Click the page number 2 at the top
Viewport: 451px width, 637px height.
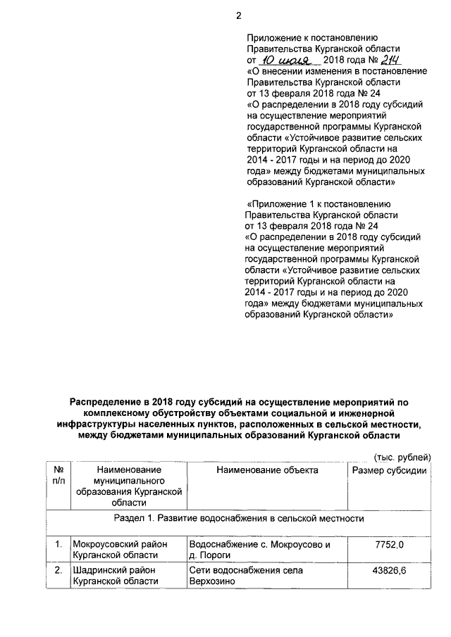[x=238, y=15]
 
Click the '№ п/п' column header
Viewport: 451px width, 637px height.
[x=58, y=475]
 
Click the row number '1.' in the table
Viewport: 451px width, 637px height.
[x=58, y=544]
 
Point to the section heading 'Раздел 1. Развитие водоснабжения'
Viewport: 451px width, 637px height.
[x=239, y=519]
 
